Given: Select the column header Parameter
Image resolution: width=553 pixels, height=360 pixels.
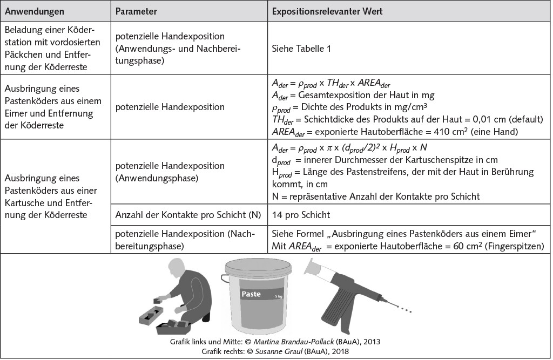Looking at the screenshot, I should (137, 11).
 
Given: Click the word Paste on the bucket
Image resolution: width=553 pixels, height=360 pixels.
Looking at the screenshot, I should (252, 295).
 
